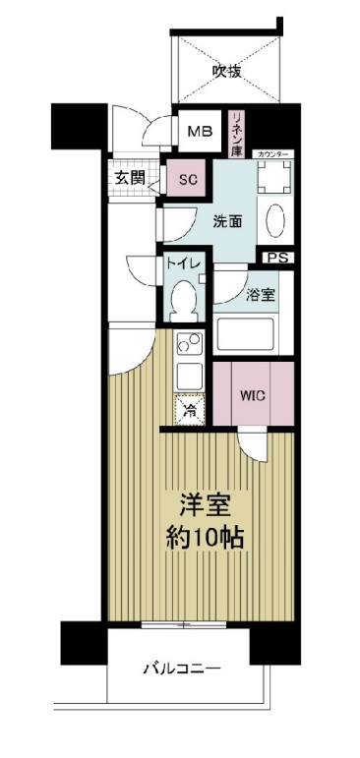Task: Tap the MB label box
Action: [x=200, y=130]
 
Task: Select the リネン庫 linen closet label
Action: [x=237, y=136]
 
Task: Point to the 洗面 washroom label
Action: [x=229, y=221]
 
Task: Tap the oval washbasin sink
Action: [x=275, y=218]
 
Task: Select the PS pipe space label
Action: [x=276, y=258]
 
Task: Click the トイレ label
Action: [x=183, y=264]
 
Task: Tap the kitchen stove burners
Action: [x=188, y=343]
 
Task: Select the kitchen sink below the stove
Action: [x=188, y=376]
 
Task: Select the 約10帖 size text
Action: [x=208, y=538]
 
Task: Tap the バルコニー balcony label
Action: [x=181, y=669]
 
